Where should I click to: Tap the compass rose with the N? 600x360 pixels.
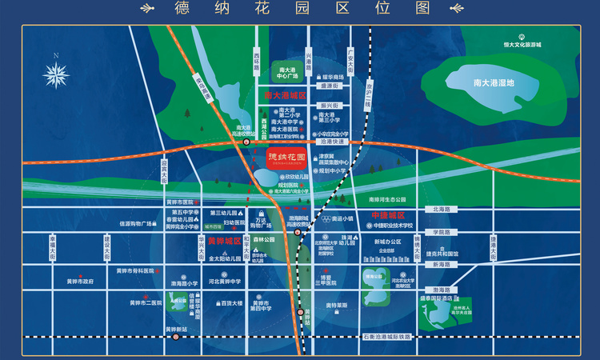[x=56, y=74]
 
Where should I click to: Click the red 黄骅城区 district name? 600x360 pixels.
[x=224, y=241]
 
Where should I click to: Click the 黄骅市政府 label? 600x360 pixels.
[x=81, y=282]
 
